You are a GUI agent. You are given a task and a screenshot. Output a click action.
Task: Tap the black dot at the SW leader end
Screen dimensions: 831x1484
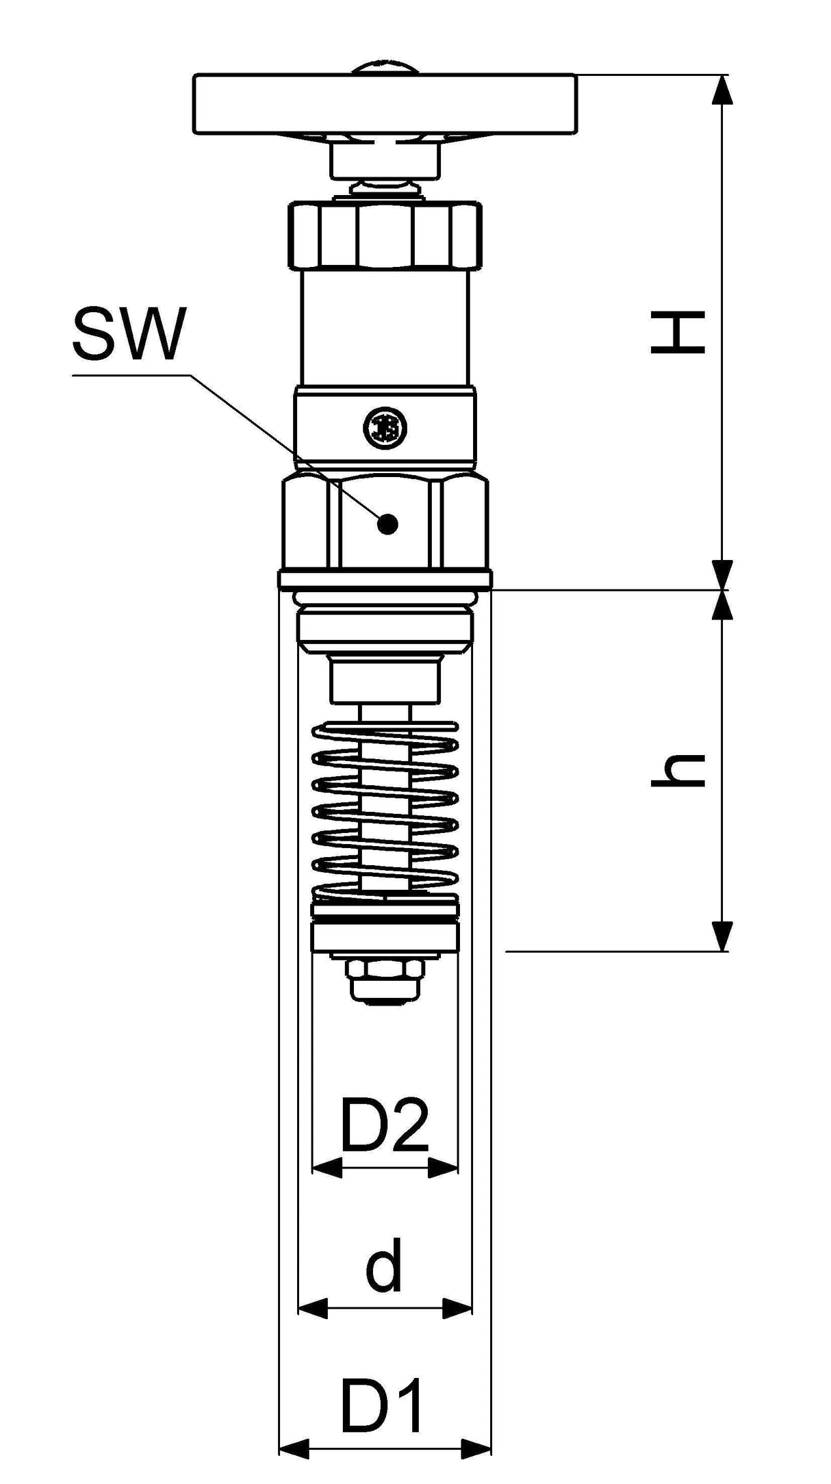(x=387, y=524)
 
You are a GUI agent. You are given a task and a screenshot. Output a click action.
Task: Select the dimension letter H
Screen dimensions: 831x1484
(x=678, y=333)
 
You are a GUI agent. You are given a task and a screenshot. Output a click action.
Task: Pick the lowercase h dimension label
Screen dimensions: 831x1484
(x=678, y=770)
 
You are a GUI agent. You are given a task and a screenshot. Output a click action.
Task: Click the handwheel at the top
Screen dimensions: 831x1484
(x=384, y=104)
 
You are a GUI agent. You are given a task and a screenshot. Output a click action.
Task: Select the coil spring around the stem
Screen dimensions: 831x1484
(x=385, y=811)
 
